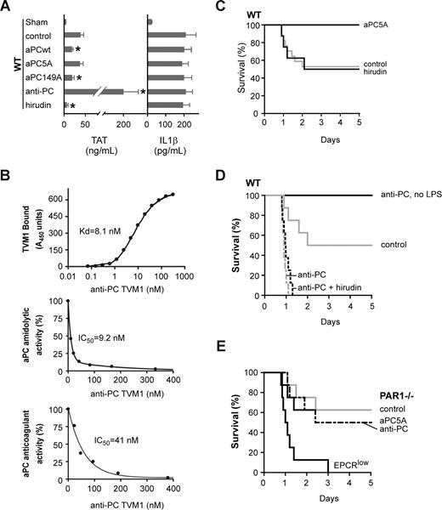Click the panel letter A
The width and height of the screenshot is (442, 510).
click(7, 8)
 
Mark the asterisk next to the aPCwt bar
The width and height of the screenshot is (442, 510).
click(77, 51)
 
